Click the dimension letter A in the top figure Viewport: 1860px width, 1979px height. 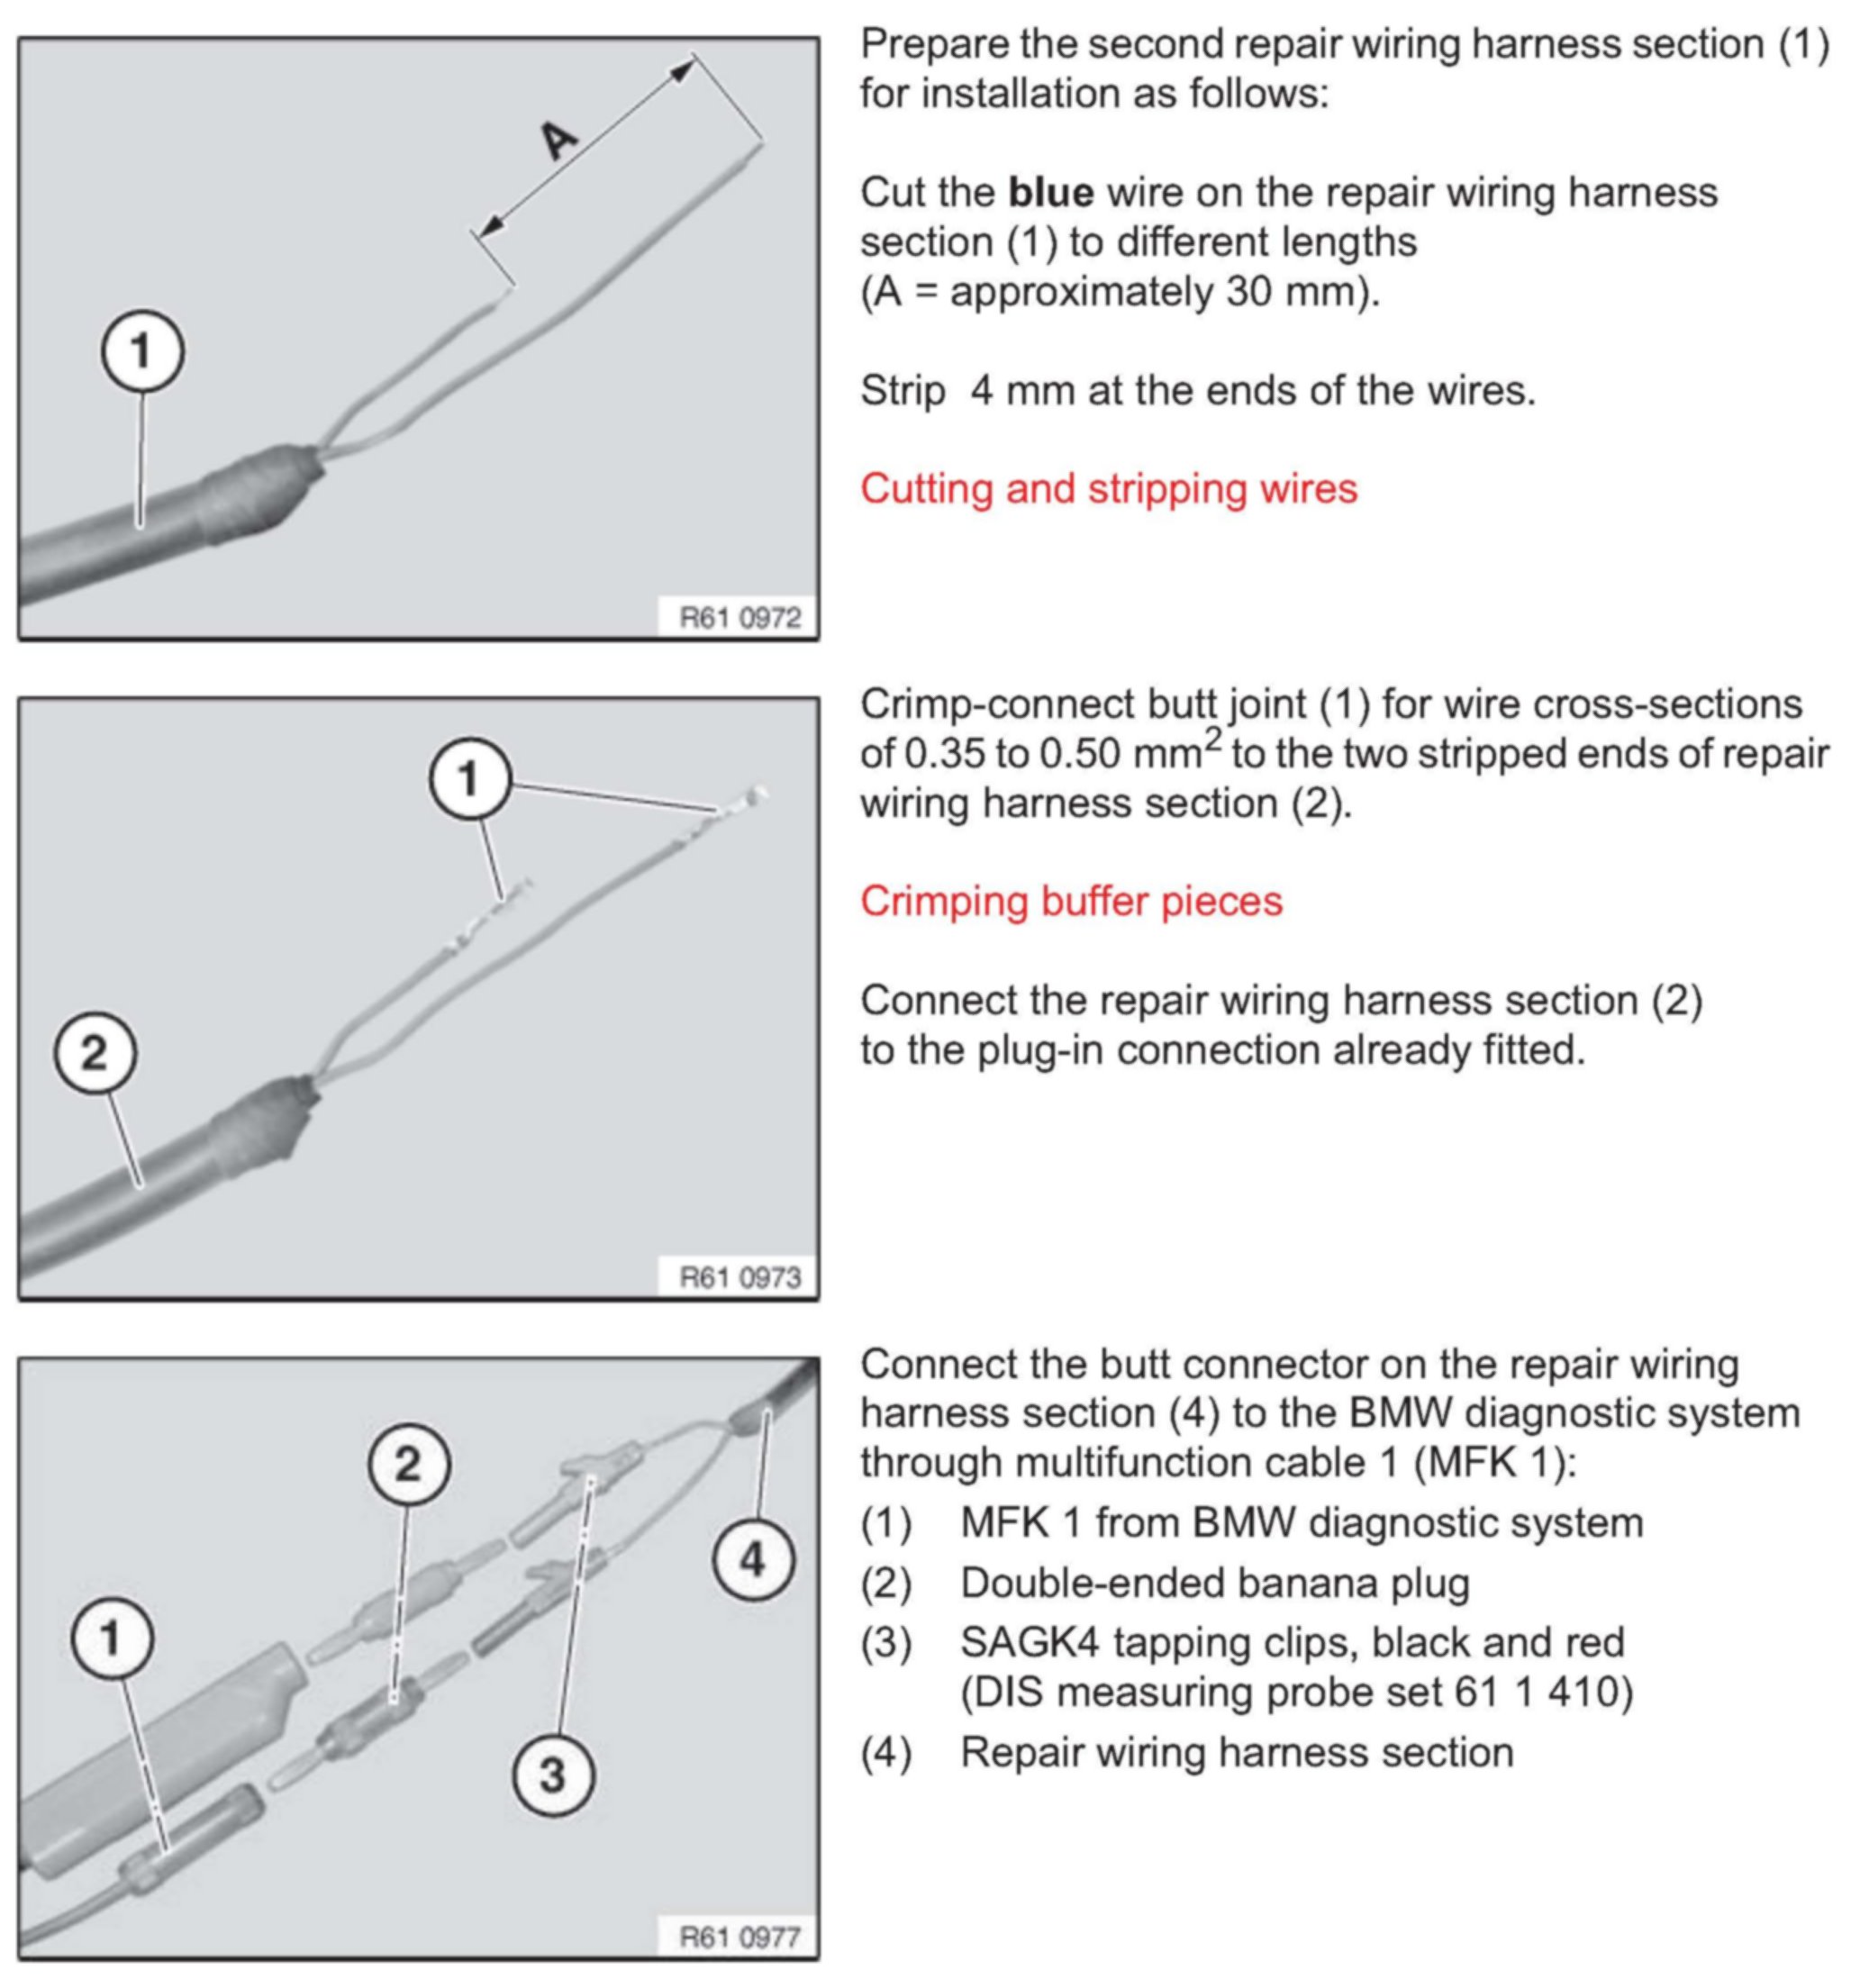point(559,140)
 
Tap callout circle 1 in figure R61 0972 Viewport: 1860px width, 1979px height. point(142,352)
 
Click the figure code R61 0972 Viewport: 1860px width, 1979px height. point(739,618)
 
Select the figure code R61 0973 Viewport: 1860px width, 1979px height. point(739,1277)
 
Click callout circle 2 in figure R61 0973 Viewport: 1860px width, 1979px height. point(95,1053)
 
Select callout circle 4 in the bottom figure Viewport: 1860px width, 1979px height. point(753,1558)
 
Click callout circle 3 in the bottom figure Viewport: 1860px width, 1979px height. point(553,1775)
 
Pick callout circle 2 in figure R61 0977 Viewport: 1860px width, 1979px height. point(409,1465)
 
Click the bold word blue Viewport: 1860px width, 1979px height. point(1051,193)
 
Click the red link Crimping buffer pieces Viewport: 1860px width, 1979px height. point(1072,902)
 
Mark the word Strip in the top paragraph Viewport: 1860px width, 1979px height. point(903,391)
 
